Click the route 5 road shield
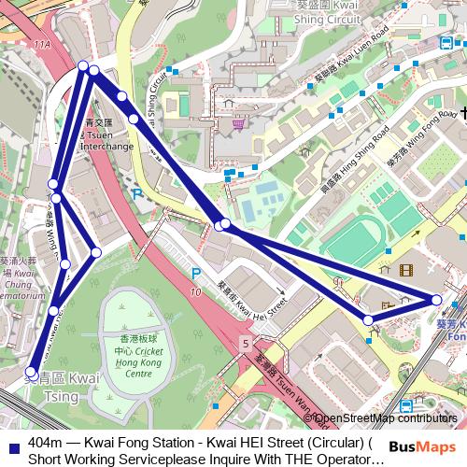click(245, 345)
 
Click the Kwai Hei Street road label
click(250, 297)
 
